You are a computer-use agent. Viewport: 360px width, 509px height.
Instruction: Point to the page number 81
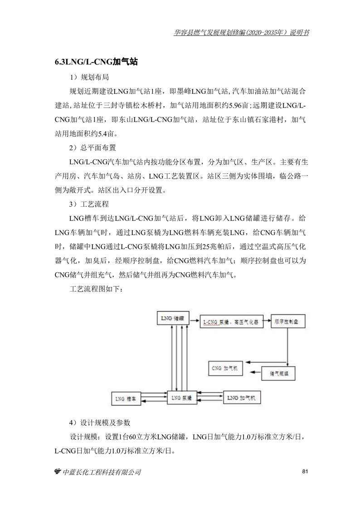(x=305, y=472)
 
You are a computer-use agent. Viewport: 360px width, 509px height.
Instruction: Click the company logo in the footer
(x=58, y=472)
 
